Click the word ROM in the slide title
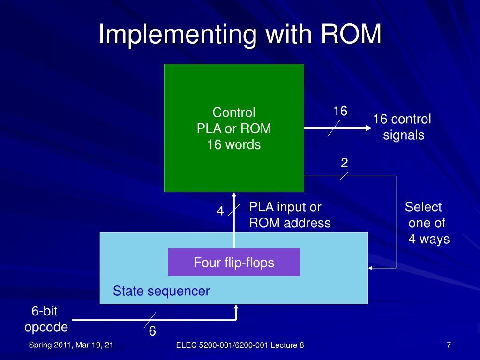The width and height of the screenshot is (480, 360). click(351, 34)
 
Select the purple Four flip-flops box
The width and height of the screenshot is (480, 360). click(234, 262)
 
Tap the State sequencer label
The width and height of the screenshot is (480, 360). click(161, 291)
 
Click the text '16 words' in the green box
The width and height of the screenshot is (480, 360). click(234, 144)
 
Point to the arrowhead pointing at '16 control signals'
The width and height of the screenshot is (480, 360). click(369, 128)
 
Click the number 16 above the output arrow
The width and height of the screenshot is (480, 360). click(340, 111)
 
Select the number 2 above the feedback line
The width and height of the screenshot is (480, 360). click(345, 163)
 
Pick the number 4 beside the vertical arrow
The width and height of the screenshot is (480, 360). click(220, 211)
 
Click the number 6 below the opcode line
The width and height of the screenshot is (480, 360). click(152, 331)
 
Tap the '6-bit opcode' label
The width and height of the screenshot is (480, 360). click(46, 319)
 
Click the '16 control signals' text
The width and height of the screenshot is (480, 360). click(402, 127)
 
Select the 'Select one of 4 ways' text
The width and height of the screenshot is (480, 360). click(427, 223)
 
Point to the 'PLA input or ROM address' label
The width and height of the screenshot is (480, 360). click(290, 215)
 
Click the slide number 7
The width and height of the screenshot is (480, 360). click(449, 345)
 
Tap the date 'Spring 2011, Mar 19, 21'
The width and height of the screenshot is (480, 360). click(71, 345)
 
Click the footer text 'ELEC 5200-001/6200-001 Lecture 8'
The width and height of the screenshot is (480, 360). click(240, 345)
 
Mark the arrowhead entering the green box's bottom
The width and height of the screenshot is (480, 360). click(234, 195)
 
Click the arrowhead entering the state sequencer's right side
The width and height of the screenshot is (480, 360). click(370, 268)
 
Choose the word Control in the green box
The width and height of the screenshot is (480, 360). click(234, 112)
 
